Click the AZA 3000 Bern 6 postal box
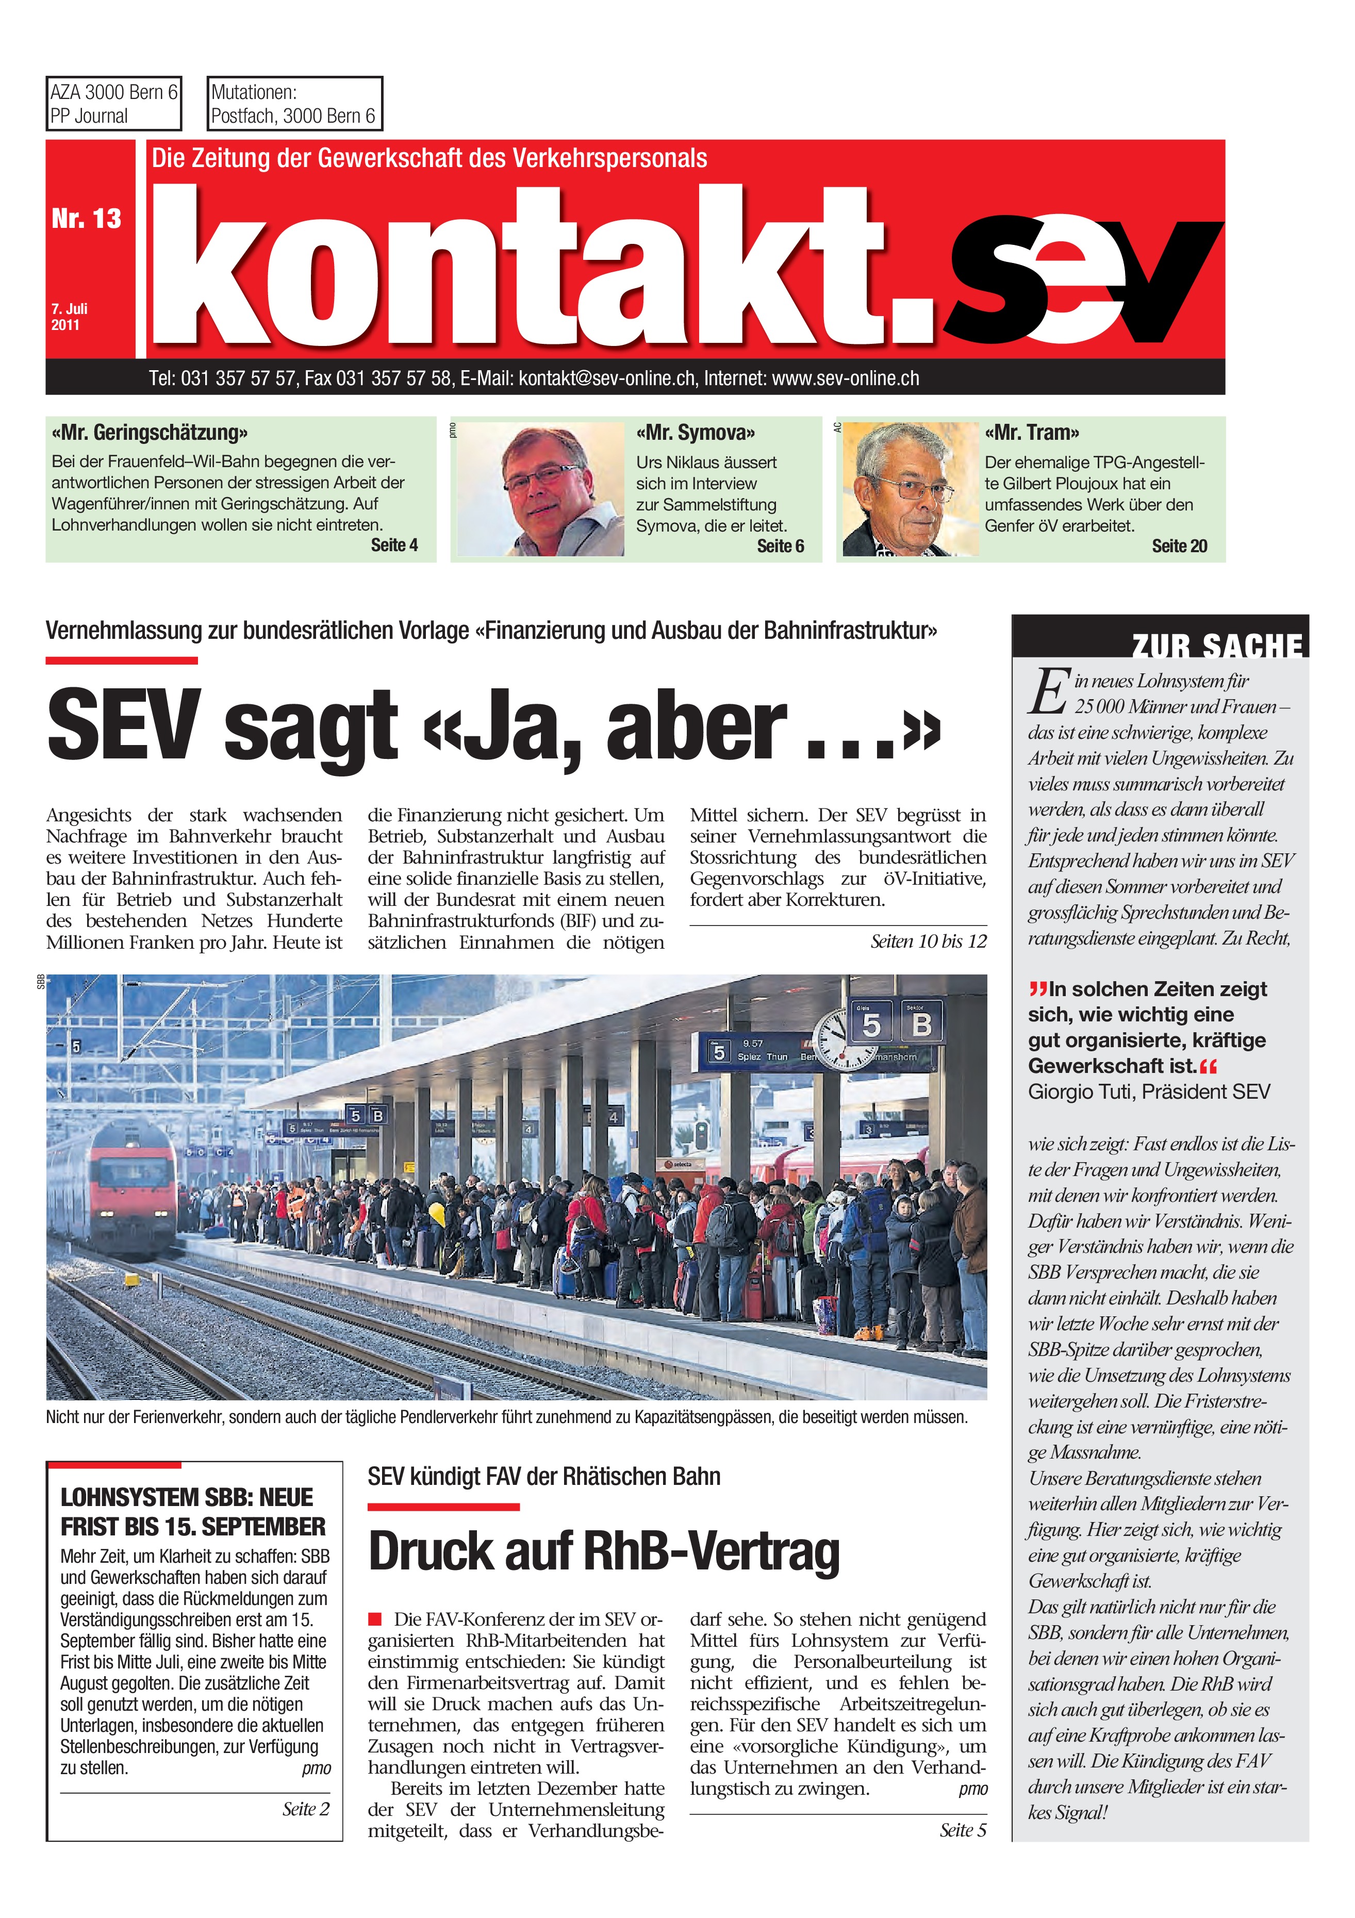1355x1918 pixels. (113, 104)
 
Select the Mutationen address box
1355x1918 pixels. (294, 104)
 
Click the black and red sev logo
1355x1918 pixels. (1082, 280)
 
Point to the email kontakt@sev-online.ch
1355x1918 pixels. (606, 378)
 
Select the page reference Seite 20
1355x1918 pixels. (1179, 547)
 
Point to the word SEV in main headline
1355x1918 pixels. (124, 725)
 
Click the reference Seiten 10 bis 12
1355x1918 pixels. (927, 941)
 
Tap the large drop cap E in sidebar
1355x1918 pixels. (1049, 692)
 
